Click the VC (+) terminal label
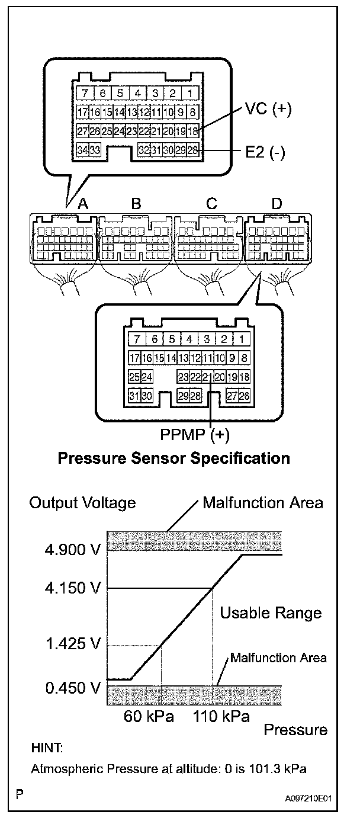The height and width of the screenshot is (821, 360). coord(269,110)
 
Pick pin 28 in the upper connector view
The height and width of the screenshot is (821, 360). coord(192,150)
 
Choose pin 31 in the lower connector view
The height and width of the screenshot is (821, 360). coord(134,396)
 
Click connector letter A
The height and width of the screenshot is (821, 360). coord(83,204)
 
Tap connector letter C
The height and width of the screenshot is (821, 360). coord(211,204)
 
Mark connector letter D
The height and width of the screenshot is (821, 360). coord(277,204)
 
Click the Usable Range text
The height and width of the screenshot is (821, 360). coord(271,612)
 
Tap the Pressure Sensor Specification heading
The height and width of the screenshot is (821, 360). coord(173,458)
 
